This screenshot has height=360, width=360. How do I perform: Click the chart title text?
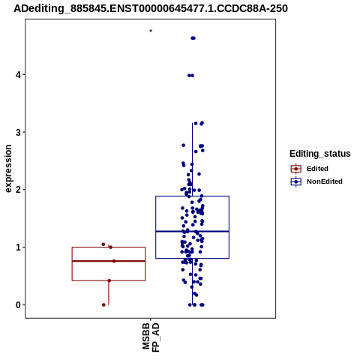(151, 8)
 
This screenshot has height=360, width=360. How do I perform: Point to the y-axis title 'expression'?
(8, 169)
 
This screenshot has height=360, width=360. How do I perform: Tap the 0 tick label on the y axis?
(18, 305)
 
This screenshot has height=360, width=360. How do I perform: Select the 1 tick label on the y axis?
(18, 247)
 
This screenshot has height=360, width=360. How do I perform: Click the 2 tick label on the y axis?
(18, 190)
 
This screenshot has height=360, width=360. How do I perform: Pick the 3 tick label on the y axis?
(18, 132)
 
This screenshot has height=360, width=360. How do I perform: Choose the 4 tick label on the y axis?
(18, 75)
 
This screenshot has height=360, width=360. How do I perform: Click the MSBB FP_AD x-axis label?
(151, 337)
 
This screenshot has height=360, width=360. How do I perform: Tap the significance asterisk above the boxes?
(151, 31)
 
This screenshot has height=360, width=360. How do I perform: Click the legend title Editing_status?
(320, 154)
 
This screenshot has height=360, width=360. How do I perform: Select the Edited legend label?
(317, 169)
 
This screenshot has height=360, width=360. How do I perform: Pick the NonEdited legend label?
(325, 181)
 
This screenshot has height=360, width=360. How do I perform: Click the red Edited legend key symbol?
(296, 169)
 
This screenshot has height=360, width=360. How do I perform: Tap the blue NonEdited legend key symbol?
(296, 181)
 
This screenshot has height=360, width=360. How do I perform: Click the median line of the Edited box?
(109, 261)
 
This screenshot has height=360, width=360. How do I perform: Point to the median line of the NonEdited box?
(192, 232)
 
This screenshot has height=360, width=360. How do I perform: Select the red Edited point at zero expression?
(103, 304)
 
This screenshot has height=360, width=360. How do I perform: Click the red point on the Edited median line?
(114, 261)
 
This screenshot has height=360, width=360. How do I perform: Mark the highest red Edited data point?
(103, 244)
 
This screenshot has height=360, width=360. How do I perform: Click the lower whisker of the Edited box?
(109, 292)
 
